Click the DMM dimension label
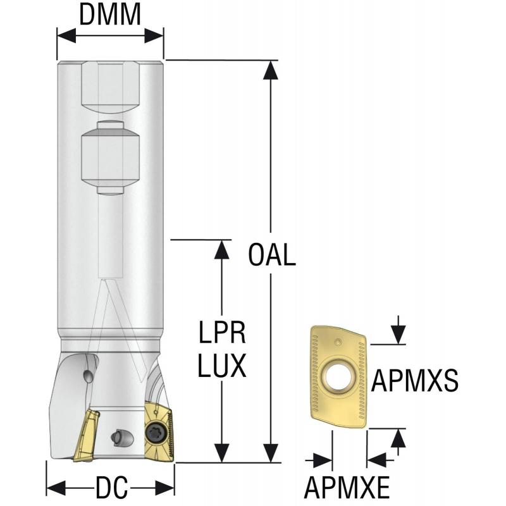110,15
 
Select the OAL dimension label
272,256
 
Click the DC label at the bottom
111,488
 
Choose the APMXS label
414,381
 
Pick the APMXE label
347,488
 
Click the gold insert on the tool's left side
85,436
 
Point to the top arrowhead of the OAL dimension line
271,70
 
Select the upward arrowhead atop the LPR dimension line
221,250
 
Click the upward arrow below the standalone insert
398,438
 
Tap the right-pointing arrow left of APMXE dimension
323,460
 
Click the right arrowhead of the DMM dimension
154,35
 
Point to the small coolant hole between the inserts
118,436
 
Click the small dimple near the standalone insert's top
338,342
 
